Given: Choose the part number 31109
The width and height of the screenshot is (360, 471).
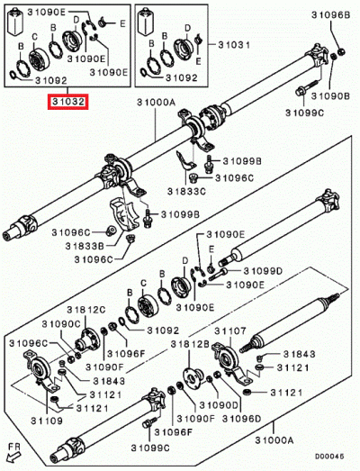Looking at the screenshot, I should [24, 421].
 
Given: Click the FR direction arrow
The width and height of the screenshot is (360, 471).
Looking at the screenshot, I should [13, 450].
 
